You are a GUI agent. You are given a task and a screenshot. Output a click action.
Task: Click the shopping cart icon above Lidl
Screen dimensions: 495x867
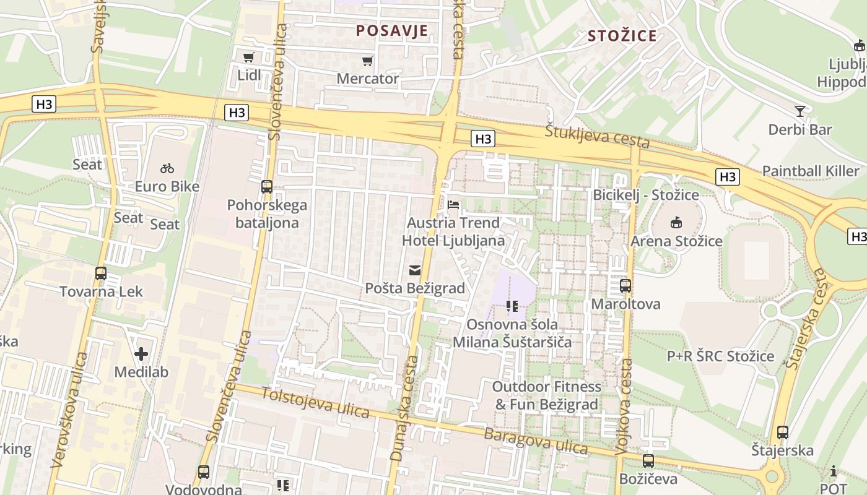click(249, 57)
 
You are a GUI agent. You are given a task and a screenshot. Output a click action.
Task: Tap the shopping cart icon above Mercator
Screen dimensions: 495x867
click(368, 61)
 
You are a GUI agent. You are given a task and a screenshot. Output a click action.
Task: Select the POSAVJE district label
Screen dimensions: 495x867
click(392, 31)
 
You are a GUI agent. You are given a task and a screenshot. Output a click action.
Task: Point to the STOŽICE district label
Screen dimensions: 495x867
click(622, 36)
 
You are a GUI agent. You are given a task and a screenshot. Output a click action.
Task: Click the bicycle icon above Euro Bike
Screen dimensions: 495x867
click(167, 168)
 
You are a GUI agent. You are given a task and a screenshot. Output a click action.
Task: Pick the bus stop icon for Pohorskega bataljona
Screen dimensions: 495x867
click(267, 186)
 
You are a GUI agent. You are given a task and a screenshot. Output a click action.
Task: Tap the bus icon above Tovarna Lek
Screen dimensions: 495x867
click(101, 273)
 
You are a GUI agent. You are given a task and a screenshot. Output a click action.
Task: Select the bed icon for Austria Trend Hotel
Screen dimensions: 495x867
click(453, 204)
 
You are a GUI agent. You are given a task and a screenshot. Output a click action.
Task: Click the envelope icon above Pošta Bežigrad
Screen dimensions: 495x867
click(414, 270)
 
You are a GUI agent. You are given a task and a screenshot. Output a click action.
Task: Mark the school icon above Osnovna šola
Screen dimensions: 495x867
click(512, 306)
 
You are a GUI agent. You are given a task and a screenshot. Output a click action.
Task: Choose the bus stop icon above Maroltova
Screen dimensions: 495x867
click(625, 286)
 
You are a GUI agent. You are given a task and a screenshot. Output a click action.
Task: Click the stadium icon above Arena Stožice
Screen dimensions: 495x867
click(676, 222)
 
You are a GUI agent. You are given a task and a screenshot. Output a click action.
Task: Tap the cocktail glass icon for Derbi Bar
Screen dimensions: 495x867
click(800, 111)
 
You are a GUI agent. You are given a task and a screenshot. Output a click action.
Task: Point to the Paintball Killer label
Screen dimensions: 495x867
click(811, 171)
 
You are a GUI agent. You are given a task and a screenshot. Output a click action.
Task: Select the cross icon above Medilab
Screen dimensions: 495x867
click(141, 354)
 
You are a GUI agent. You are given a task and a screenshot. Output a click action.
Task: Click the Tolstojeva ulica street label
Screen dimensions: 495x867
click(315, 402)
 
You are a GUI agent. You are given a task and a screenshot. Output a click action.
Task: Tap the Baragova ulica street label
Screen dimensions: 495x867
click(536, 440)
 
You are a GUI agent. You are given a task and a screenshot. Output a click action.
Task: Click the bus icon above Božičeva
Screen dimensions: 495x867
click(648, 461)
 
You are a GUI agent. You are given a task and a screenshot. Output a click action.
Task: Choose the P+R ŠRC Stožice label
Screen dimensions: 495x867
click(720, 356)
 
